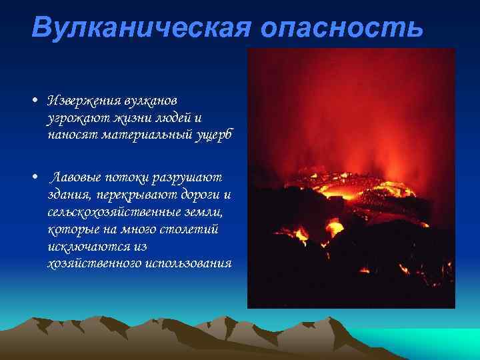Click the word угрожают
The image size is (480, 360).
71,117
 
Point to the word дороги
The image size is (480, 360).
195,195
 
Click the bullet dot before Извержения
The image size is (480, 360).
33,101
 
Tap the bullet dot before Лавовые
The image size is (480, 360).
33,179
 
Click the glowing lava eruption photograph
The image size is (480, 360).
351,178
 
